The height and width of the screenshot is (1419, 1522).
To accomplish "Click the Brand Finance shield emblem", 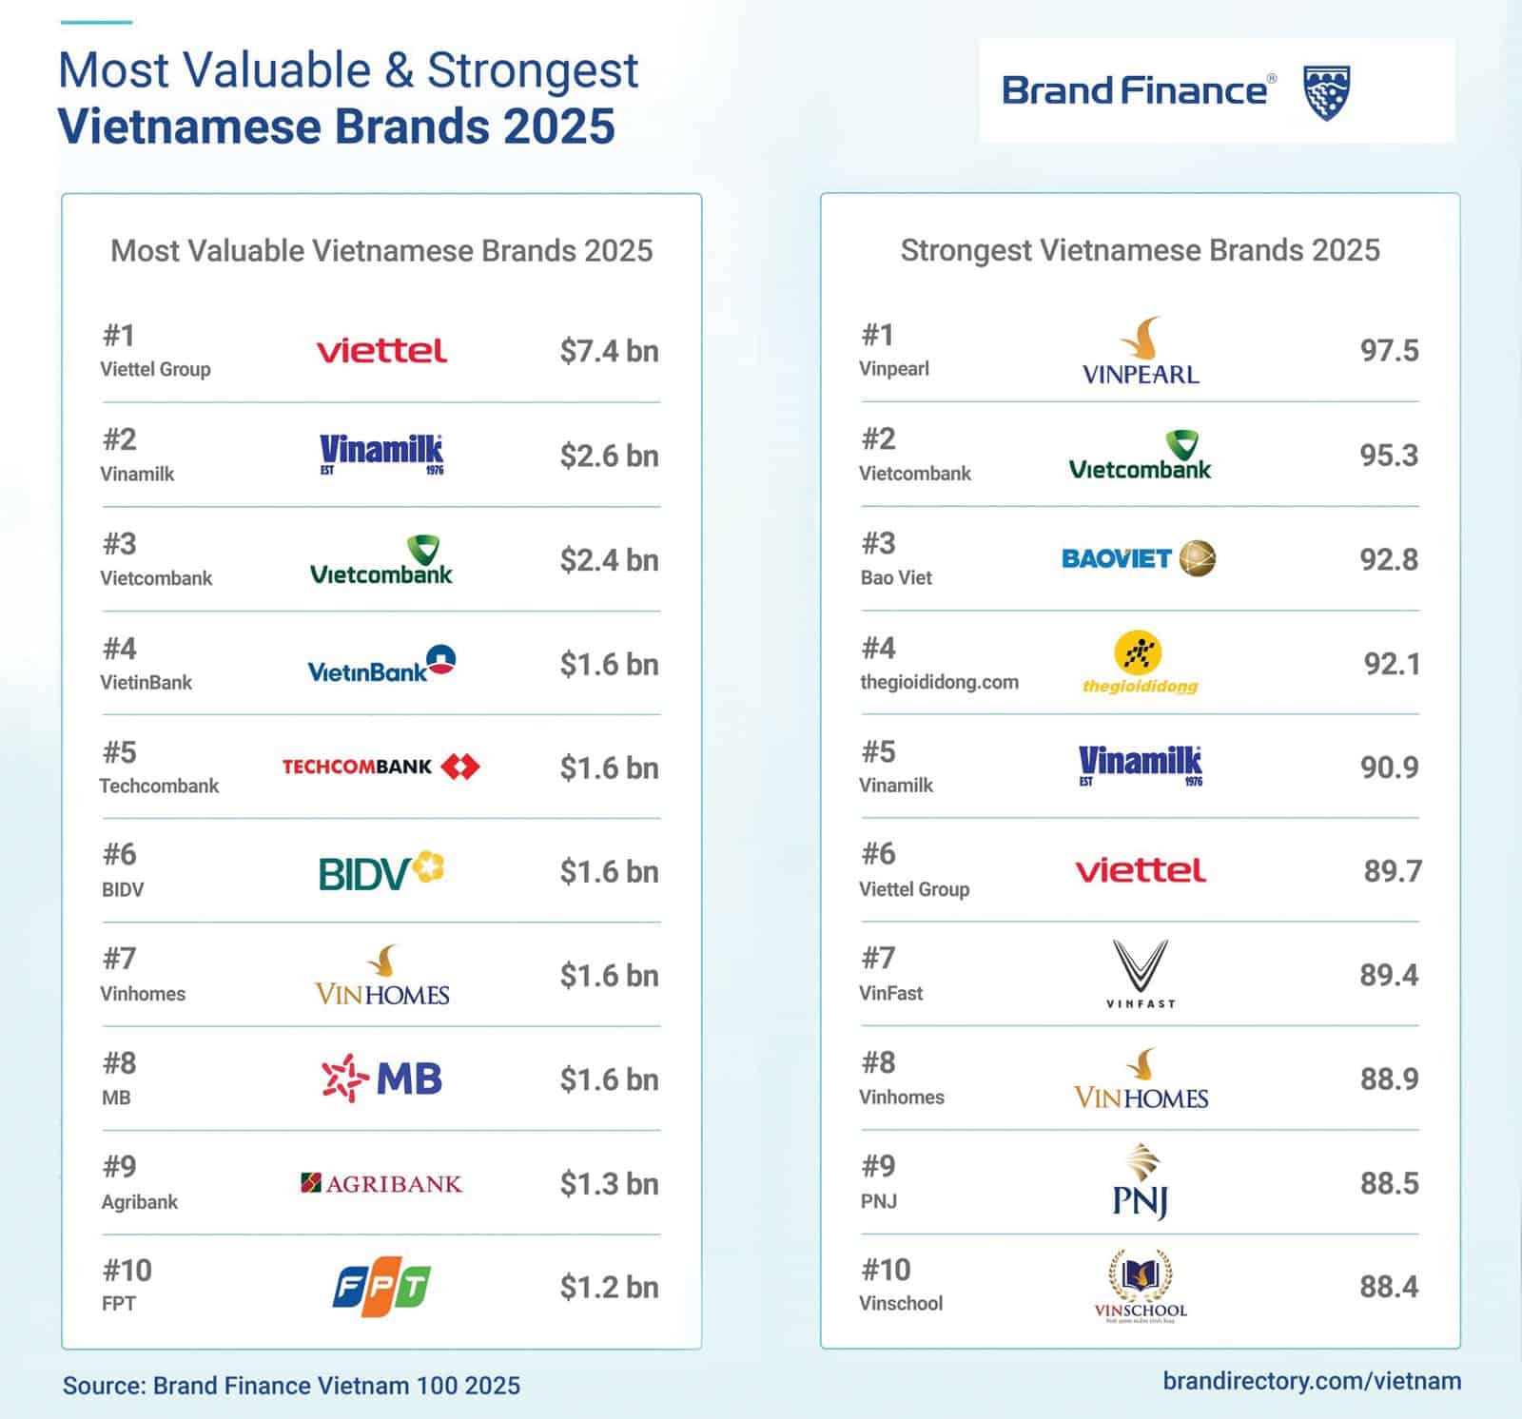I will pos(1326,92).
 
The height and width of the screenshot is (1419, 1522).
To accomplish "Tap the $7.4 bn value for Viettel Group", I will pos(609,351).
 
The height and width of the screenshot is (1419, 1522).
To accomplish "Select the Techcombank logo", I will pos(380,767).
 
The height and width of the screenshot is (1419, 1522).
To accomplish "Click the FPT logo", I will pos(381,1289).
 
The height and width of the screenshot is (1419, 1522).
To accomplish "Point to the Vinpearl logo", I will pos(1141,351).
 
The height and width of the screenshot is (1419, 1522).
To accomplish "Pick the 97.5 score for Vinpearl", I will pos(1389,351).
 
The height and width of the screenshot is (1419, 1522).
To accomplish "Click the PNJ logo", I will pos(1141,1182).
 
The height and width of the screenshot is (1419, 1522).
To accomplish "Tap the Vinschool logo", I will pos(1141,1287).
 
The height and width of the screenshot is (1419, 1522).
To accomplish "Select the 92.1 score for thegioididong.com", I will pos(1392,663).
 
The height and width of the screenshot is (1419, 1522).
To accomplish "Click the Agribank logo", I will pos(381,1183).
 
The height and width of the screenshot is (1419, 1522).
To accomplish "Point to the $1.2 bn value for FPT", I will pos(609,1288).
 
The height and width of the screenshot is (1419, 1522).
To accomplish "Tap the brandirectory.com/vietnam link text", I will pos(1312,1381).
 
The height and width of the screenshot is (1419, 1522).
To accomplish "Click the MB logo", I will pos(381,1079).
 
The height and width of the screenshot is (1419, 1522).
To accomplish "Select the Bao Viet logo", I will pos(1139,558).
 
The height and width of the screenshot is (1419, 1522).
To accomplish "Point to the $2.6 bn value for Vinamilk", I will pos(609,456).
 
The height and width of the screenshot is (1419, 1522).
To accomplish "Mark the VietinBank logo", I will pos(381,664).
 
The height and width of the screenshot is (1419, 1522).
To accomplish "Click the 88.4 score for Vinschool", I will pos(1389,1287).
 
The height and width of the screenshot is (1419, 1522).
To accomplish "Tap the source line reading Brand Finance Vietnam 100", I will pos(291,1385).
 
